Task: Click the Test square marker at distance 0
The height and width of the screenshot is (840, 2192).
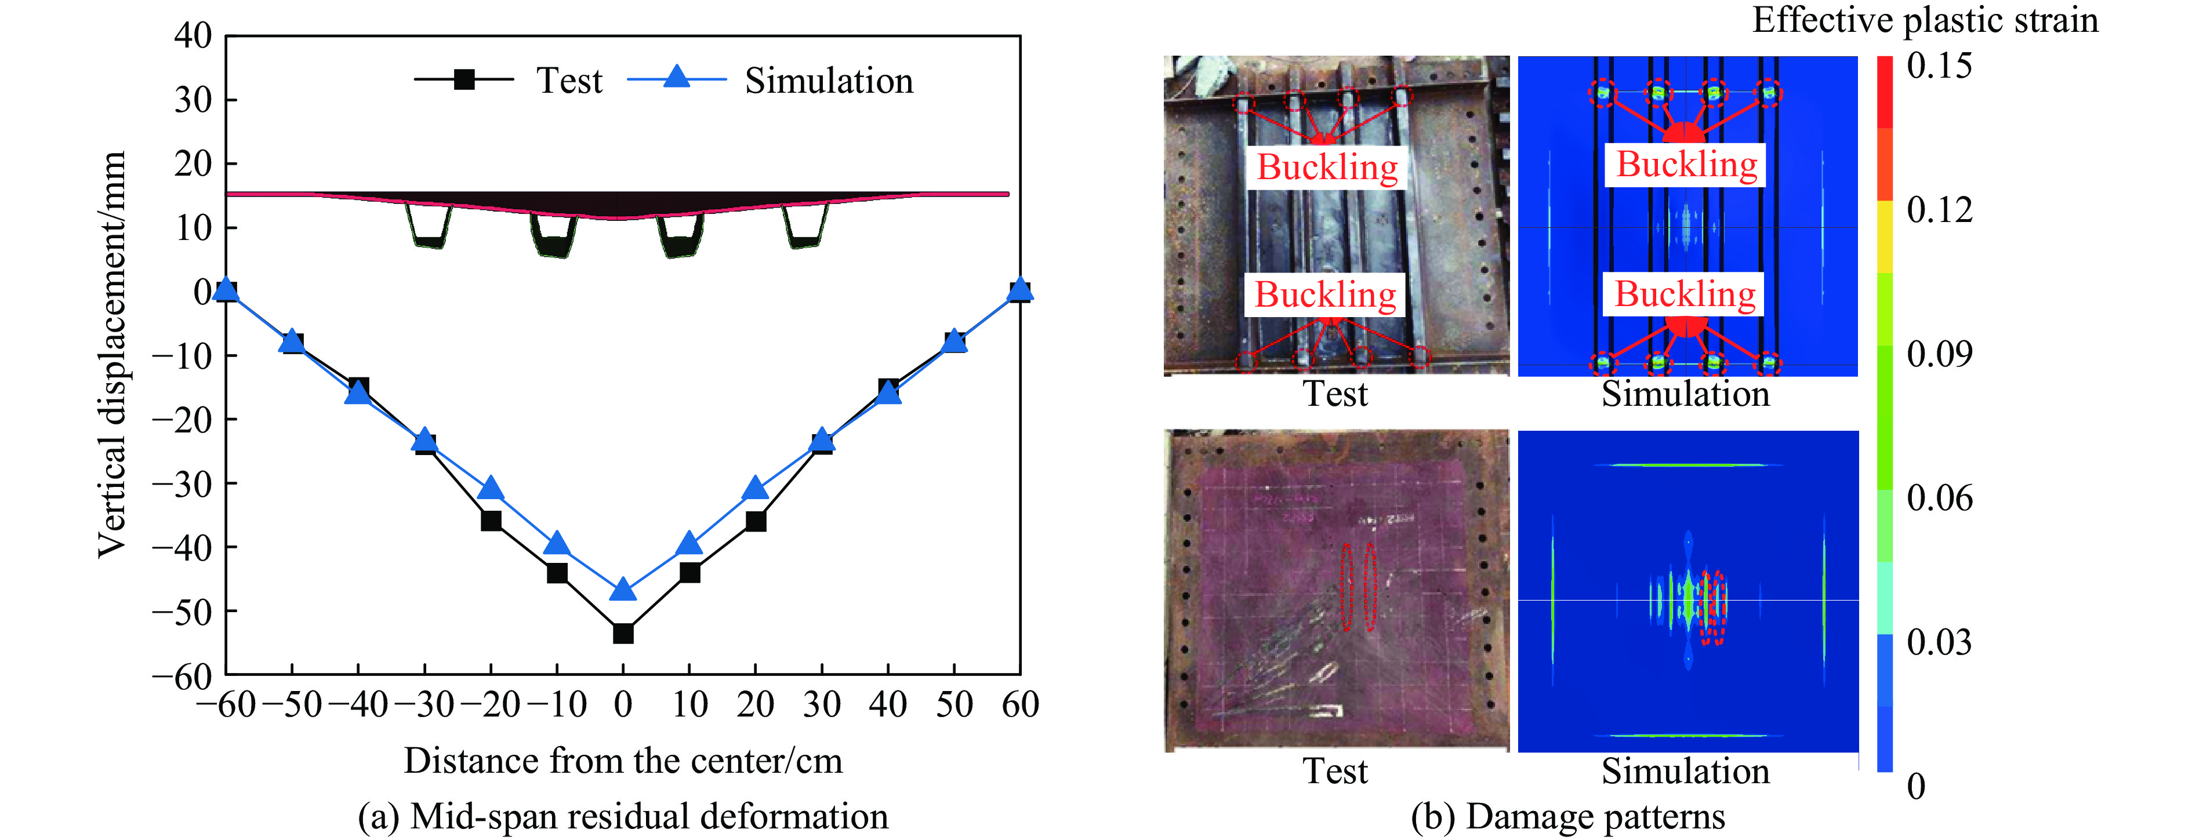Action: click(623, 633)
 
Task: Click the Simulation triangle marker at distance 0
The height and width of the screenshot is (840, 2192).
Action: click(623, 588)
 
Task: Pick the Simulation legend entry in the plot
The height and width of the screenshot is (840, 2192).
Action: click(770, 80)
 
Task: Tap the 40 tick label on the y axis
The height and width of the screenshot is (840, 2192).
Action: click(193, 36)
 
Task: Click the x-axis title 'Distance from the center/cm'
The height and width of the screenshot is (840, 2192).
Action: click(623, 761)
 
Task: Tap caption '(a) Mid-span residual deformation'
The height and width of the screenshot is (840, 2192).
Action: click(623, 816)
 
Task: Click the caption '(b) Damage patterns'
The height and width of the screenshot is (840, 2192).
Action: click(1567, 816)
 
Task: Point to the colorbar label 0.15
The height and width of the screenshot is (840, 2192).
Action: click(1939, 66)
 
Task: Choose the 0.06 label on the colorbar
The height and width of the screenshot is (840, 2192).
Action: click(1939, 498)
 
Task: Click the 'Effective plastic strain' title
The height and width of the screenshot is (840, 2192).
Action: click(1925, 20)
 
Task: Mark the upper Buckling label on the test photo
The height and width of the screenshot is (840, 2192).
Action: click(1327, 167)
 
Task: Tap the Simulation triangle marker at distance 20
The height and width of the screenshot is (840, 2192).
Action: click(756, 488)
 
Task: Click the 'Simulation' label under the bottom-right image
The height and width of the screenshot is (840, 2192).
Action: click(1685, 771)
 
